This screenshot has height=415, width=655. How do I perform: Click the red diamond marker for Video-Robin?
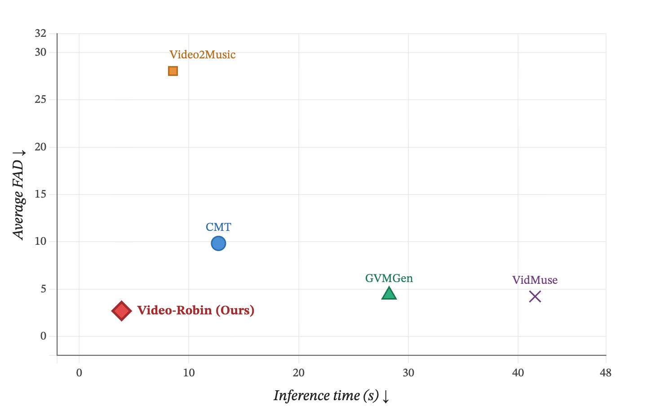pyautogui.click(x=122, y=311)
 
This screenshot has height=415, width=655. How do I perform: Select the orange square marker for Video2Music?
pyautogui.click(x=173, y=71)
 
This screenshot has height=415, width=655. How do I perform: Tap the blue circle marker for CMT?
pyautogui.click(x=218, y=243)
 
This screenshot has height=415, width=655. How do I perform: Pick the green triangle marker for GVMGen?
pyautogui.click(x=389, y=293)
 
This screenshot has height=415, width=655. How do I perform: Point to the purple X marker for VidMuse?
pyautogui.click(x=535, y=296)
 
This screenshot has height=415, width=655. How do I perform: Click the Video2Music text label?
pyautogui.click(x=202, y=55)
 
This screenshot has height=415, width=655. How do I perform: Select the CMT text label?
pyautogui.click(x=218, y=227)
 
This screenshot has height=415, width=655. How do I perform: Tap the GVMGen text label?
pyautogui.click(x=389, y=278)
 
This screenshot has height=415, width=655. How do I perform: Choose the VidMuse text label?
pyautogui.click(x=535, y=280)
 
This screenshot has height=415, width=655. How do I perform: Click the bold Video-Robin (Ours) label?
pyautogui.click(x=195, y=310)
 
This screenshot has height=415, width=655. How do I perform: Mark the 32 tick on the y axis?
pyautogui.click(x=40, y=33)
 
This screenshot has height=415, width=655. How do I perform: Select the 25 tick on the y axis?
pyautogui.click(x=40, y=100)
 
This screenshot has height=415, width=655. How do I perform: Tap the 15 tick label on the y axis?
pyautogui.click(x=40, y=194)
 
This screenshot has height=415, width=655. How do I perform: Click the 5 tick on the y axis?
pyautogui.click(x=43, y=289)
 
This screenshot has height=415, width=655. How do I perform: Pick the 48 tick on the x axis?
pyautogui.click(x=606, y=373)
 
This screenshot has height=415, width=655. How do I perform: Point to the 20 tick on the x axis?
pyautogui.click(x=299, y=373)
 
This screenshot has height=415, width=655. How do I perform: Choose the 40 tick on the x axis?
pyautogui.click(x=518, y=373)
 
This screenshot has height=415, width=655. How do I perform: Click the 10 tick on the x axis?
pyautogui.click(x=189, y=373)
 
